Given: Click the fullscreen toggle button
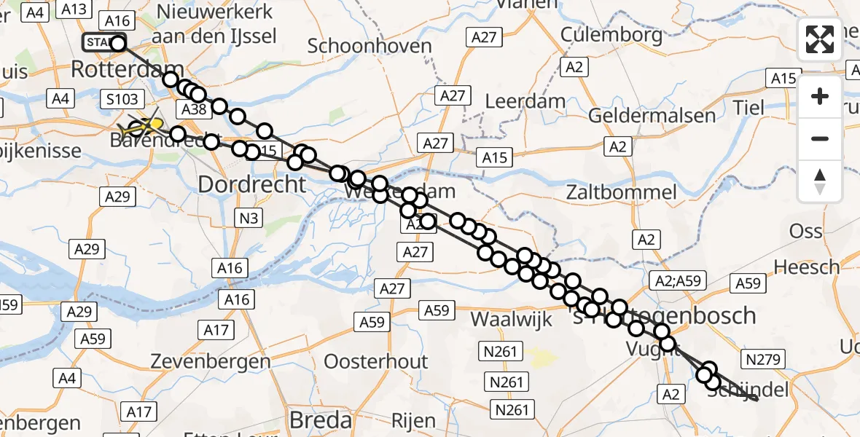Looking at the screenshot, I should pos(820,39).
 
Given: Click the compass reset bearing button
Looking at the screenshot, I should pos(820,181).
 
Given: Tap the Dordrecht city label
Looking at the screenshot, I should pos(252,184).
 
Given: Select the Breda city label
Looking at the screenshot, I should pos(321,420).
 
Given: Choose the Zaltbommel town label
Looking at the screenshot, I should pos(625,193).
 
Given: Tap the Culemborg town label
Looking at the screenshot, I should pos(611,34).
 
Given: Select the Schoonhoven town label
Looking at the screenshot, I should pos(370,46).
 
